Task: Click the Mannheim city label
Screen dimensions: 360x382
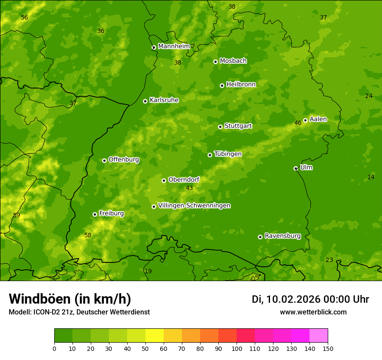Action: pos(174,46)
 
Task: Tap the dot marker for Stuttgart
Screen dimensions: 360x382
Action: pos(220,127)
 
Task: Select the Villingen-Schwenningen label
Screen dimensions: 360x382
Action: pos(194,206)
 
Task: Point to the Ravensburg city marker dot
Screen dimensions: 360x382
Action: pos(260,237)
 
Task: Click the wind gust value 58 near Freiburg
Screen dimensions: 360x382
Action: pos(88,235)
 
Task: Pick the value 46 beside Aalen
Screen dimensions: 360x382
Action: pos(298,123)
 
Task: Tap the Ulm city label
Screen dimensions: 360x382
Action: pos(306,167)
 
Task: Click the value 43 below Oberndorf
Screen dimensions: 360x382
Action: pos(189,188)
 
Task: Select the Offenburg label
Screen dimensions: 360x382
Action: pos(124,160)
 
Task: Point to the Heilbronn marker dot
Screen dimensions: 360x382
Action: pos(222,85)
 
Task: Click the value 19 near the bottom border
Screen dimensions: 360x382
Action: pos(148,271)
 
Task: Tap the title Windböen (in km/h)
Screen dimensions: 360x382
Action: pos(70,299)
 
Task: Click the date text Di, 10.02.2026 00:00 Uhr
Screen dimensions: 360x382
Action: pos(310,299)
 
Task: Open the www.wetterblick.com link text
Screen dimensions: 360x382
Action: pos(313,312)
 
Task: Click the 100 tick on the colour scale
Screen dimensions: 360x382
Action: pos(237,348)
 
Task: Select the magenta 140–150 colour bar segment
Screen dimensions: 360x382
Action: pos(319,336)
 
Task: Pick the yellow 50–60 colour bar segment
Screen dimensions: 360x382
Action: pos(155,336)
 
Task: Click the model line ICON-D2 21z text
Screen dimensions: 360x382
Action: pos(79,312)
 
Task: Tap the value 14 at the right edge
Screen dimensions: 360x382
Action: pos(371,177)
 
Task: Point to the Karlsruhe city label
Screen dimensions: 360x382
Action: pos(164,100)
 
